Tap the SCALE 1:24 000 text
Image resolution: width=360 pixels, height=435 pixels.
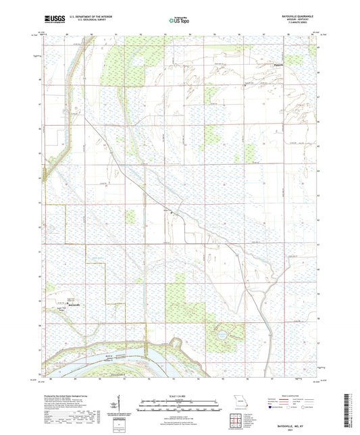point(179,396)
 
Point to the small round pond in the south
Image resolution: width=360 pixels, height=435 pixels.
point(221,334)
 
